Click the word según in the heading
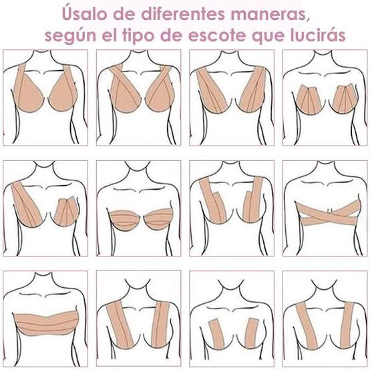71,36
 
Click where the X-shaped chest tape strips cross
326,214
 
